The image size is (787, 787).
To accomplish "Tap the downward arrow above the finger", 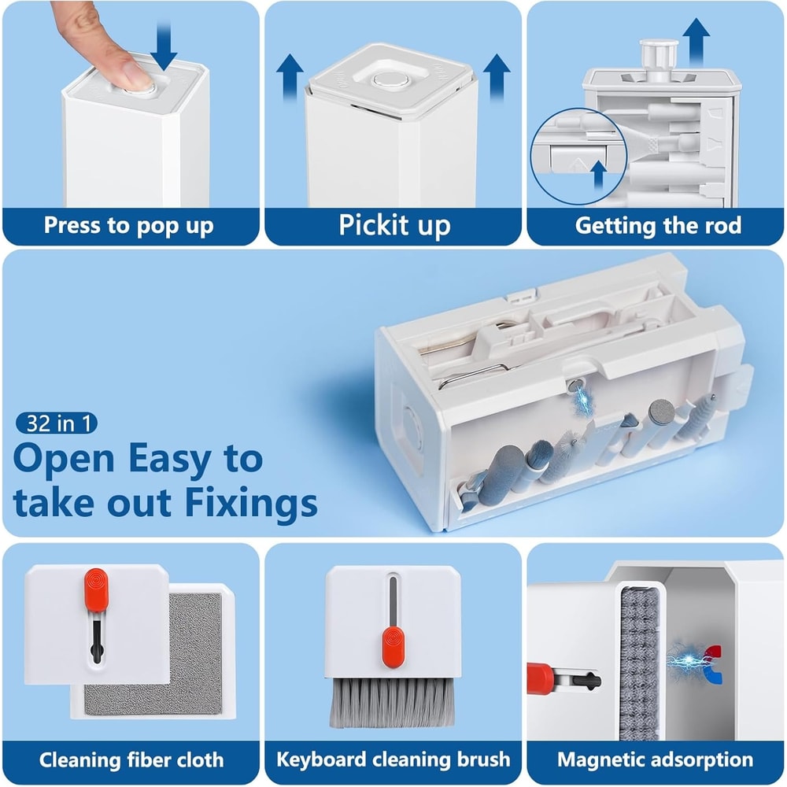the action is (164, 46).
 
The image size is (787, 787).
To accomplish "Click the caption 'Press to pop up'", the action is (128, 226).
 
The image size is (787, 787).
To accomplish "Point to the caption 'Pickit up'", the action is (394, 225).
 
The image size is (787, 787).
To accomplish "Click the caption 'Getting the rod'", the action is (658, 225).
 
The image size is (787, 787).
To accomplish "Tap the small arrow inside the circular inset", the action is (598, 174).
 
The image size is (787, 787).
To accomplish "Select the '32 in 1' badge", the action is (56, 423).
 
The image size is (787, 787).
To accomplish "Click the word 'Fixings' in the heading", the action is (251, 502).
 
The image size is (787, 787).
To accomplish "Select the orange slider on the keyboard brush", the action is (393, 648).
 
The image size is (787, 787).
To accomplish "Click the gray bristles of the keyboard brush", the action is (392, 702).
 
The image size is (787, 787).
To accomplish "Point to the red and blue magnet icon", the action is (712, 664).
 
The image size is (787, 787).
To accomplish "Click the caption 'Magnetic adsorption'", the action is (655, 759).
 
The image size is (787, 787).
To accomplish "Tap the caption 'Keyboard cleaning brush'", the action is (393, 759).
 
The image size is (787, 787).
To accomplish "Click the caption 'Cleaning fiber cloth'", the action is (131, 760).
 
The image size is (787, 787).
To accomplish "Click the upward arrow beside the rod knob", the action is (696, 42).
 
